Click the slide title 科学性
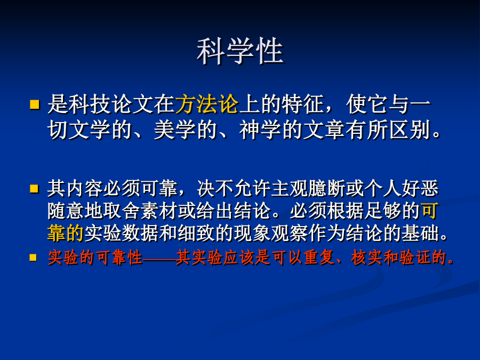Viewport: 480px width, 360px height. pos(240,51)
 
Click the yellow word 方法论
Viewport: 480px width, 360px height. pos(207,104)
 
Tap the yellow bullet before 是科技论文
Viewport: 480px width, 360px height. pos(35,105)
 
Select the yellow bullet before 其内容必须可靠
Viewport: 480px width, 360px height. pos(34,188)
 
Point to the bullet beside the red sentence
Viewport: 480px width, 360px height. pos(33,257)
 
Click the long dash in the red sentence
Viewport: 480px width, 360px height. pos(159,258)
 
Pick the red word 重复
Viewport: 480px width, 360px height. pos(319,257)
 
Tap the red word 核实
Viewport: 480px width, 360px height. pos(366,257)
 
